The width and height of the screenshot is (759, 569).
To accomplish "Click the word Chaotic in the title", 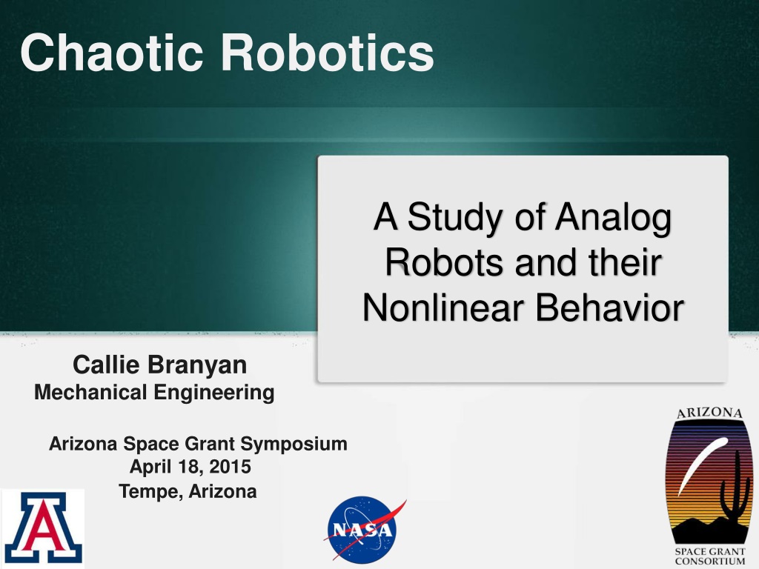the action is pyautogui.click(x=112, y=53).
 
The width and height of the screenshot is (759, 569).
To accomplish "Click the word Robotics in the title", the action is pyautogui.click(x=327, y=53).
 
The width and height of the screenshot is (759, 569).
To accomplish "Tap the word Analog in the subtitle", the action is pyautogui.click(x=613, y=219).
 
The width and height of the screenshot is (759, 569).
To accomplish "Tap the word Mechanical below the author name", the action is pyautogui.click(x=90, y=393).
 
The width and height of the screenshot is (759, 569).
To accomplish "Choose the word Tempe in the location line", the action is pyautogui.click(x=150, y=492).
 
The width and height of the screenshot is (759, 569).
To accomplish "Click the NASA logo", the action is pyautogui.click(x=365, y=529).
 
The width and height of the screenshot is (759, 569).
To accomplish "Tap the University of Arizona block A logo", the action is pyautogui.click(x=42, y=528).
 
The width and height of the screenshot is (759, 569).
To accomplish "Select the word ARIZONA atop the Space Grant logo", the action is pyautogui.click(x=709, y=413).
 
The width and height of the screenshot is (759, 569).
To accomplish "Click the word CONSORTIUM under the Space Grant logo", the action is pyautogui.click(x=710, y=562).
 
